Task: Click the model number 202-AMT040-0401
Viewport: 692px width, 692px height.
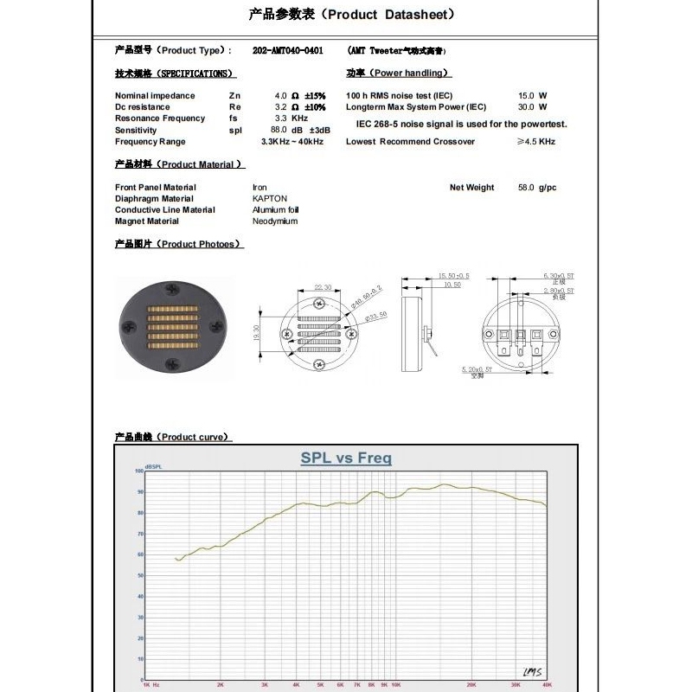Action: pos(288,51)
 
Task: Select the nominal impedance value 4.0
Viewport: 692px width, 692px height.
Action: pos(280,95)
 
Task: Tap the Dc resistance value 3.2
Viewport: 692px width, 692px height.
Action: pos(280,107)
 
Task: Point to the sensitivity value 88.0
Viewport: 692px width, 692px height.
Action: pos(279,130)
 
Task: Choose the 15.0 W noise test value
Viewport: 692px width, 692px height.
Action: pos(526,95)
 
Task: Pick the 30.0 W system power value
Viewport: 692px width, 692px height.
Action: pos(526,107)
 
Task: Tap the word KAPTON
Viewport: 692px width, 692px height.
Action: pos(269,198)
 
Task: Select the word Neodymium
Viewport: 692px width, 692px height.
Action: pos(274,221)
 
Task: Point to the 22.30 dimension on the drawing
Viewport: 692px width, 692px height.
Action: pos(322,287)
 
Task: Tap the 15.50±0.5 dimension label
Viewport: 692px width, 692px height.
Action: pos(453,275)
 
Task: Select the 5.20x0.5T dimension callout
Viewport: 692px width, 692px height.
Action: pos(476,368)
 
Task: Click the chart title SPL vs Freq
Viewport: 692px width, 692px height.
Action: pos(346,458)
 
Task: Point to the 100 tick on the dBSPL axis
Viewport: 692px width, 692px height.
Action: pos(138,471)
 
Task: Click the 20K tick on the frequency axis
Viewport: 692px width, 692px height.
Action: pos(471,683)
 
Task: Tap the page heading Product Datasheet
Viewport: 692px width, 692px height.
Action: pos(350,14)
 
